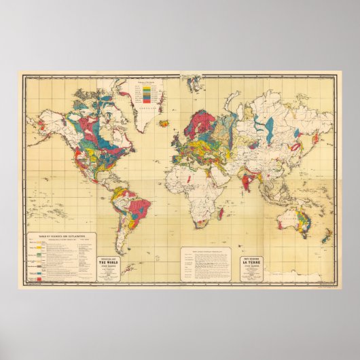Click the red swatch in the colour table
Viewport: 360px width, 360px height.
click(41, 278)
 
